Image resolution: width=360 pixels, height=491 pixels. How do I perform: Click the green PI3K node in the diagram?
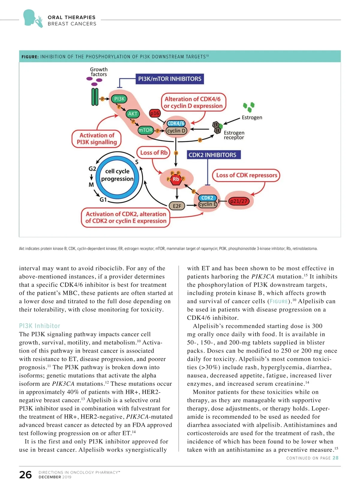[119, 99]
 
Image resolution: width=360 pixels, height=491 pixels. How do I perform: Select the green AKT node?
[133, 114]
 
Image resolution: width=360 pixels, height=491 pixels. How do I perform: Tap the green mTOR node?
[145, 130]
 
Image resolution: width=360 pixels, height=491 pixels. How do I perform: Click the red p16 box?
[155, 113]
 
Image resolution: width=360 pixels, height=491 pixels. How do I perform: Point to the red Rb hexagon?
[176, 179]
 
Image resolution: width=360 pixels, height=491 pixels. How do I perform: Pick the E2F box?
[177, 206]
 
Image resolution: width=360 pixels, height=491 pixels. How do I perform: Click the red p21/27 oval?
[239, 201]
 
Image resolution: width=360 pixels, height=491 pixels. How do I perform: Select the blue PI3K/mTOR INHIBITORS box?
[169, 79]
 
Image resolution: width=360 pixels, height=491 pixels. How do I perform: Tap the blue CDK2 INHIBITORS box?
[212, 155]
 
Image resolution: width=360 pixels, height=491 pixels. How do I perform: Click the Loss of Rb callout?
[154, 153]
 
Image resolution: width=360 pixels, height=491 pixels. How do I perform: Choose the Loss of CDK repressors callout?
[247, 175]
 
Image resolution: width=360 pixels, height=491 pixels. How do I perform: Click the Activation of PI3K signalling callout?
[97, 139]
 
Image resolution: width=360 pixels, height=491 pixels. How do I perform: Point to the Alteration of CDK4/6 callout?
[193, 103]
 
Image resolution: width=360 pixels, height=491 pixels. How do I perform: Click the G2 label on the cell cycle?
[92, 169]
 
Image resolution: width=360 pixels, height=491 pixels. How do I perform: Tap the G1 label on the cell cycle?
[103, 199]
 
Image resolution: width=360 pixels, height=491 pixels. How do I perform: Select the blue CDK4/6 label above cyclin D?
[176, 123]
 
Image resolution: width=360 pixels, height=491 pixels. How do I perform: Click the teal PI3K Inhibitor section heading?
[40, 326]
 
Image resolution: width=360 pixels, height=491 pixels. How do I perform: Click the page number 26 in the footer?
[25, 475]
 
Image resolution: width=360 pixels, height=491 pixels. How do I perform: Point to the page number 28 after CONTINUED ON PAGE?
[335, 458]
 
